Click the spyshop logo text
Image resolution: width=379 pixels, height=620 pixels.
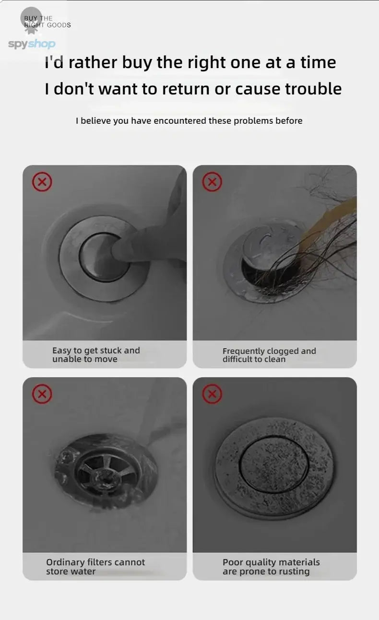(x=32, y=44)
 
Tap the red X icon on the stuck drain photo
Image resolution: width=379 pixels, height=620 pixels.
(x=42, y=182)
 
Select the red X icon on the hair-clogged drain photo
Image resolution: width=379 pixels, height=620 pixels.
(x=212, y=182)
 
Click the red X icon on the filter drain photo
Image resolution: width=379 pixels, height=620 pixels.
(x=42, y=394)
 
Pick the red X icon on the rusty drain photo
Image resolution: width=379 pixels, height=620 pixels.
(x=212, y=394)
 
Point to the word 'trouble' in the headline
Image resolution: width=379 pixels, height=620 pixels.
(x=313, y=89)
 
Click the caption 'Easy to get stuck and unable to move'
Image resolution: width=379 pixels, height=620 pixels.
(x=96, y=355)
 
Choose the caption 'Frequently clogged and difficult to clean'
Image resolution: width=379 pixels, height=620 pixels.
(x=269, y=355)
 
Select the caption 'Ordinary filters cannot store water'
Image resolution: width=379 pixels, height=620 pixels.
(x=95, y=567)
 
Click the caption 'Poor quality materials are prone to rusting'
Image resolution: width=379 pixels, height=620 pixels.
(x=271, y=567)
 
